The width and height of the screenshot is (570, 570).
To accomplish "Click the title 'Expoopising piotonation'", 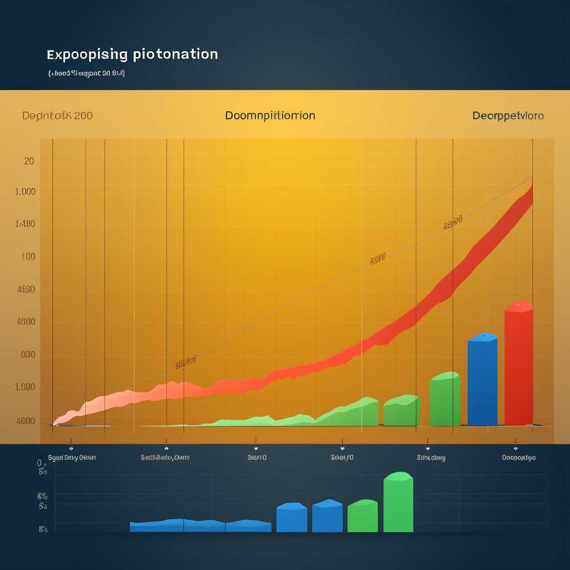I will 132,55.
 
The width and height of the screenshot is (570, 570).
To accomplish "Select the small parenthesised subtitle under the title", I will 86,73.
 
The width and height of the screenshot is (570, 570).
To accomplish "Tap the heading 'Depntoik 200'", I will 57,116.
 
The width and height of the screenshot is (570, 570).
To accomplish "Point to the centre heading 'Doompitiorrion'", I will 270,116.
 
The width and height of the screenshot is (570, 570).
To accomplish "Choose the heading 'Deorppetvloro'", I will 508,116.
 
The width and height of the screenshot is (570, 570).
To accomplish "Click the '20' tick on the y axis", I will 29,161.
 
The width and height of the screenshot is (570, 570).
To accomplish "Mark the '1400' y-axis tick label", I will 26,224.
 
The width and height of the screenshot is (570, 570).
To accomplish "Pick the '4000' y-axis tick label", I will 26,322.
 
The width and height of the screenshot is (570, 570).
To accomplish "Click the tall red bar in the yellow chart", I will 518,365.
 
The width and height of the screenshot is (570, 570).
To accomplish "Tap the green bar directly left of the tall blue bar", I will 445,400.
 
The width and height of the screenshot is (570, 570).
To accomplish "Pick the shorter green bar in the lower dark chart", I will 362,517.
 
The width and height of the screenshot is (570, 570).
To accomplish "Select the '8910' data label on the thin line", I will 377,259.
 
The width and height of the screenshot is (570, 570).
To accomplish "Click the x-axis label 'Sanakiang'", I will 431,458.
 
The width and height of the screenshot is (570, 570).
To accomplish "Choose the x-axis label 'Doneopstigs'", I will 519,458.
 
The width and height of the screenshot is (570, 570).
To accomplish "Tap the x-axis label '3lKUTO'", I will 257,458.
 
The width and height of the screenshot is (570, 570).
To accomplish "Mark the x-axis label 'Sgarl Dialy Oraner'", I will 72,458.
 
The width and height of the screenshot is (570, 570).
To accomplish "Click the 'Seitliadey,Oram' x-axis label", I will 165,458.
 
